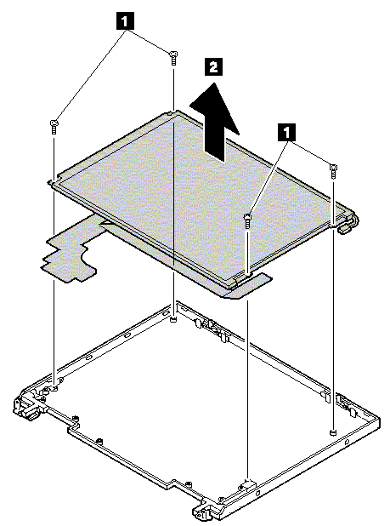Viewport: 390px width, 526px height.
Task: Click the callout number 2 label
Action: pyautogui.click(x=213, y=66)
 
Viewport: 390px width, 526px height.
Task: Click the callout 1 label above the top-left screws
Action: pyautogui.click(x=125, y=21)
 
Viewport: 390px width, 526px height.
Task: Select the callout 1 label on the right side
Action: pyautogui.click(x=286, y=132)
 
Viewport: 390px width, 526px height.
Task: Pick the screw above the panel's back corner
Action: pyautogui.click(x=173, y=58)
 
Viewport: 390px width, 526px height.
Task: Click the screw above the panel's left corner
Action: pyautogui.click(x=54, y=127)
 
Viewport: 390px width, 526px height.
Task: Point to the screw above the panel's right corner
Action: pyautogui.click(x=333, y=171)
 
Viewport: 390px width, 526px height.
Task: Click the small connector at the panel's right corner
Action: pyautogui.click(x=347, y=226)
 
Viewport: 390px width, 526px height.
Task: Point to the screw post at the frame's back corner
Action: pyautogui.click(x=172, y=320)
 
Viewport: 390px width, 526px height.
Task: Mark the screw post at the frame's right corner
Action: pyautogui.click(x=332, y=432)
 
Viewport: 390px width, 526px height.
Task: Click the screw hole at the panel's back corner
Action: pyautogui.click(x=171, y=113)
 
